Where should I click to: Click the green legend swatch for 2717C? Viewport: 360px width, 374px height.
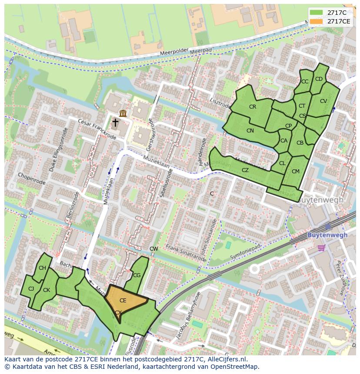tap(316, 13)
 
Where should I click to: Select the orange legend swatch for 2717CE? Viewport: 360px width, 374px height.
tap(316, 21)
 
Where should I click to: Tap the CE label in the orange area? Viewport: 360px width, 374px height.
tap(123, 301)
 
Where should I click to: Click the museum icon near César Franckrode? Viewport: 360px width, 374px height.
tap(123, 113)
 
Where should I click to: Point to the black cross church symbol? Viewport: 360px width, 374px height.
tap(115, 123)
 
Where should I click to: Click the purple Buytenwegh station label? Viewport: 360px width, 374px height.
tap(327, 235)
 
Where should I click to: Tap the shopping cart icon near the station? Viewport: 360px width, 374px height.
tap(321, 248)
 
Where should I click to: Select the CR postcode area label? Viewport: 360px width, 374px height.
tap(252, 107)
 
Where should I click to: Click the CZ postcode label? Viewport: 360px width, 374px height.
tap(245, 170)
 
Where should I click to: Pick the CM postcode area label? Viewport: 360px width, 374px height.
tap(296, 172)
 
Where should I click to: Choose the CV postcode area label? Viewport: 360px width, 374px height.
tap(323, 101)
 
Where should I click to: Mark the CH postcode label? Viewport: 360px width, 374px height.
tap(42, 268)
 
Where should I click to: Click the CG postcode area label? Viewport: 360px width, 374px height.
tap(137, 275)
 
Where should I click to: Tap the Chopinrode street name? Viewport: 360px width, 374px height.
tap(31, 178)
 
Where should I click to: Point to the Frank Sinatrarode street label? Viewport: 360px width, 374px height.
tap(186, 253)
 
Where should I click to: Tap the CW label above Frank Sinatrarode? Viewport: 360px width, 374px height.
tap(154, 249)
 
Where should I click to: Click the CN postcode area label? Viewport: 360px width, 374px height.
tap(250, 131)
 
